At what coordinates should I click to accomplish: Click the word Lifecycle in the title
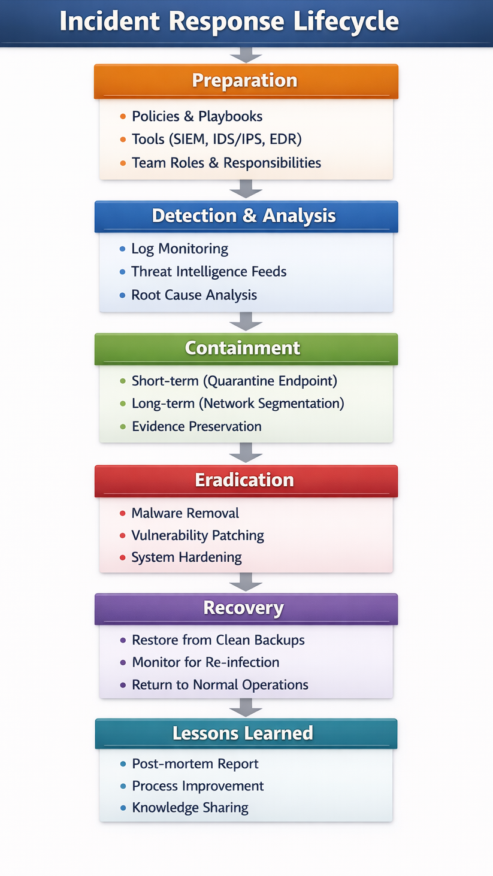point(346,22)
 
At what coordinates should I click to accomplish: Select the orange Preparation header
point(246,81)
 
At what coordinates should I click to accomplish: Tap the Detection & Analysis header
point(246,217)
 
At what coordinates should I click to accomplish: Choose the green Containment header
point(246,349)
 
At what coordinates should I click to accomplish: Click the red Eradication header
point(246,481)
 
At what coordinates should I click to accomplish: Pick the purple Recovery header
point(246,609)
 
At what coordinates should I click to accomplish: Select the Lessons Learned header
point(246,733)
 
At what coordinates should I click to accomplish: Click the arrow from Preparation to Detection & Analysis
point(246,189)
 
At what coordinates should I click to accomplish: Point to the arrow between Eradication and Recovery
point(246,582)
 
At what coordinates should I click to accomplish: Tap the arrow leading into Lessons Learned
point(246,708)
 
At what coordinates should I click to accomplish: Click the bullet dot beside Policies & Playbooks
point(123,117)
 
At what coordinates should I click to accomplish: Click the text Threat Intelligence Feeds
point(209,272)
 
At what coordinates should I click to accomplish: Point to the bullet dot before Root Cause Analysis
point(122,295)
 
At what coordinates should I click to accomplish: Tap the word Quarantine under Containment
point(241,381)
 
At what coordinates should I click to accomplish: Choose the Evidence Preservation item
point(197,426)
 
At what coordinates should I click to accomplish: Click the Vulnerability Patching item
point(198,535)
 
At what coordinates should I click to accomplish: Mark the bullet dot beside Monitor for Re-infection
point(123,662)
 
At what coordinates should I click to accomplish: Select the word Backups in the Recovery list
point(279,640)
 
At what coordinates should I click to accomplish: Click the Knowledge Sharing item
point(190,808)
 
